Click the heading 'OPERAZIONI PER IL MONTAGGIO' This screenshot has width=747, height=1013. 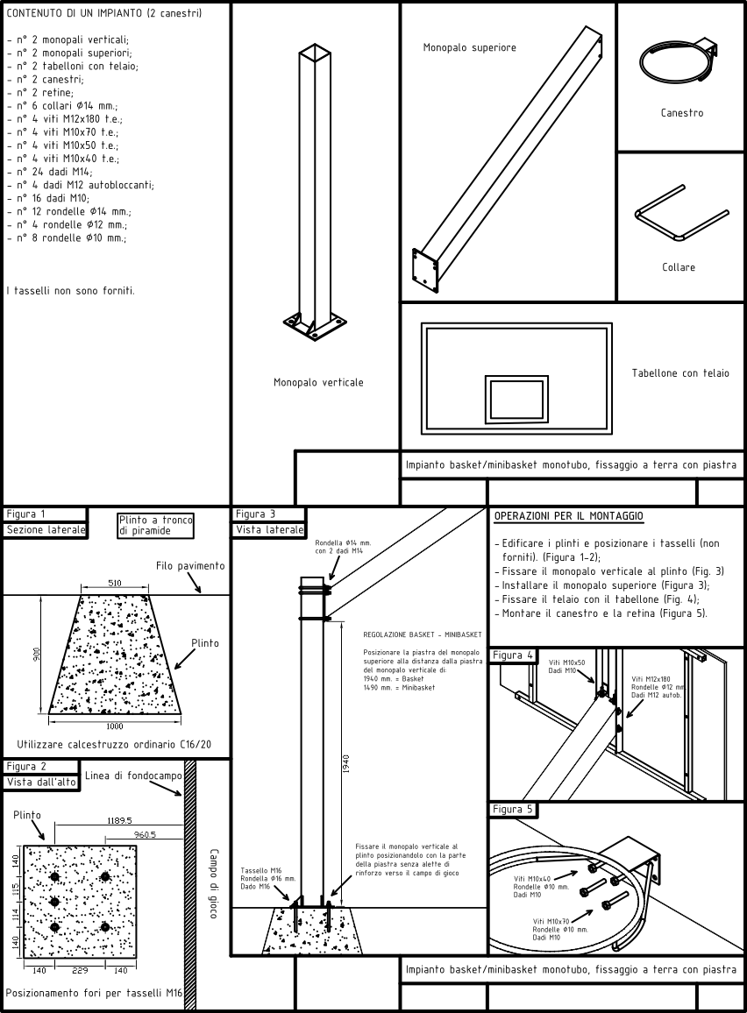[568, 517]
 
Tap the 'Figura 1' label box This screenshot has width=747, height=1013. [26, 514]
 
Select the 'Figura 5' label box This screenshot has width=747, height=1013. [513, 809]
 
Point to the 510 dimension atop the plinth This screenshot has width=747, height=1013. [115, 583]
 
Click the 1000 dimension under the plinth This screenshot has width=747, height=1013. [115, 726]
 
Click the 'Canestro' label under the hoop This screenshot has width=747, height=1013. [681, 113]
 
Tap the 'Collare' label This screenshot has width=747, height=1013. [679, 267]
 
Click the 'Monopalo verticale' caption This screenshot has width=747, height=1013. [318, 382]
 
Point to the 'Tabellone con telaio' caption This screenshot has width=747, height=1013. [680, 373]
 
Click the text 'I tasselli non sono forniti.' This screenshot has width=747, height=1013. [70, 290]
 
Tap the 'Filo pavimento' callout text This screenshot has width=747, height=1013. [190, 566]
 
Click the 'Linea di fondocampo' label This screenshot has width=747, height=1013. [133, 776]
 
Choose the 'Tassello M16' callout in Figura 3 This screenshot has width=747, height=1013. [260, 870]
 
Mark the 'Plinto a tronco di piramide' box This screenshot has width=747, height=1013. [155, 525]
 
